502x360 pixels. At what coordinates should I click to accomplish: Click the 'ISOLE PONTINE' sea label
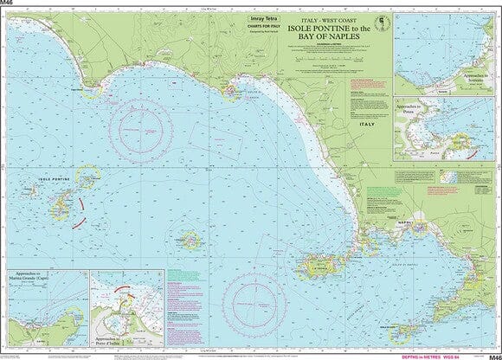click(x=55, y=179)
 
